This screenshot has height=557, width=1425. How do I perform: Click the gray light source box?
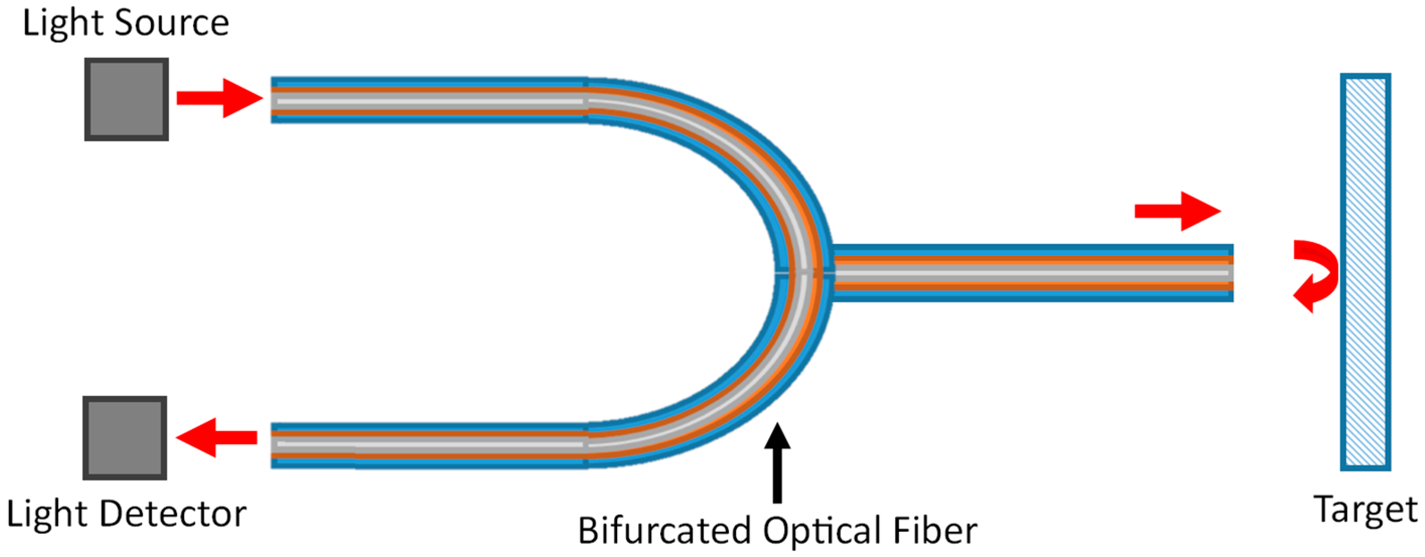click(x=126, y=99)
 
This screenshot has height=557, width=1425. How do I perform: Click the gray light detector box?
click(x=124, y=438)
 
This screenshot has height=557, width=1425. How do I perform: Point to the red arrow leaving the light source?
click(x=219, y=99)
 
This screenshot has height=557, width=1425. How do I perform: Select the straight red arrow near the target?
click(x=1177, y=211)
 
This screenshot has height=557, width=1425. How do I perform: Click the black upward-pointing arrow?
click(x=777, y=462)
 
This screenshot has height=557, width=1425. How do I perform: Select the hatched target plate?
click(x=1365, y=272)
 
